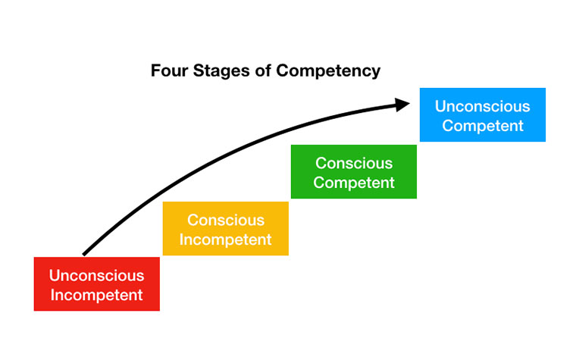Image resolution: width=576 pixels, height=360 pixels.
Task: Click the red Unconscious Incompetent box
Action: (x=96, y=284)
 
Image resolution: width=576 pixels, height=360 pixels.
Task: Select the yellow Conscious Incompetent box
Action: (x=225, y=228)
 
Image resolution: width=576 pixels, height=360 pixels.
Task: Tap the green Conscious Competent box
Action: (x=353, y=171)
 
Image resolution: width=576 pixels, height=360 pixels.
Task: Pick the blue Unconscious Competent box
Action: (x=482, y=115)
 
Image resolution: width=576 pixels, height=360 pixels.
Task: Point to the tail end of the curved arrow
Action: (x=85, y=252)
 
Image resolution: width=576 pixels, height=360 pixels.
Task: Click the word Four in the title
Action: (x=168, y=71)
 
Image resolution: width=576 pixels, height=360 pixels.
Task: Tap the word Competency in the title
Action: (x=328, y=72)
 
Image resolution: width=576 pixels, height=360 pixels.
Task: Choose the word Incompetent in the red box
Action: (x=96, y=295)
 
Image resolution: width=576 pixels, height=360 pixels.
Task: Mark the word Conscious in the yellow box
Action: (x=226, y=220)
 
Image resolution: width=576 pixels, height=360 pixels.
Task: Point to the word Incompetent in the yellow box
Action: (x=226, y=239)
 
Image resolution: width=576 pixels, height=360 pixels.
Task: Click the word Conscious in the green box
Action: (x=354, y=163)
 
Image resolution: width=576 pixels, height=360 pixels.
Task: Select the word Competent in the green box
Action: (x=354, y=183)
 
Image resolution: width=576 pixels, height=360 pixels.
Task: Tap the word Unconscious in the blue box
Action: (x=482, y=107)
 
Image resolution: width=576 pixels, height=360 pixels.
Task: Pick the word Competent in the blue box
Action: (x=483, y=126)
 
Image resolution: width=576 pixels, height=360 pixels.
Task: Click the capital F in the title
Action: (x=155, y=71)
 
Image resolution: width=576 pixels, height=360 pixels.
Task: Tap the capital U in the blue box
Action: (x=440, y=107)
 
